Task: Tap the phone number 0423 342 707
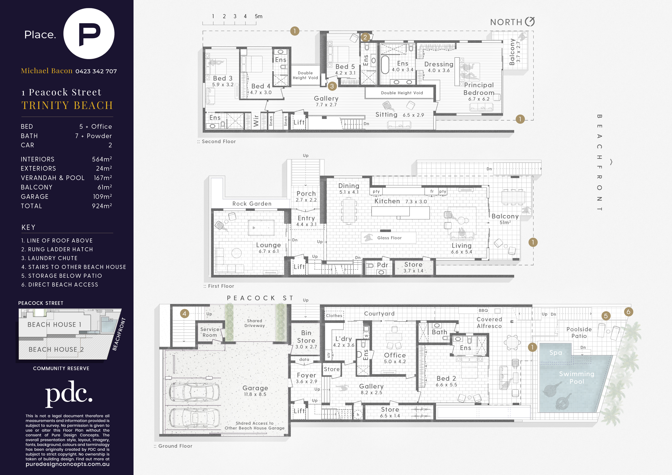(x=96, y=71)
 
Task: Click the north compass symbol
(x=530, y=21)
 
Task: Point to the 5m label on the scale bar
(x=258, y=16)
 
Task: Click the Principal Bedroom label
(x=479, y=89)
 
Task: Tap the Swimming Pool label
(x=577, y=378)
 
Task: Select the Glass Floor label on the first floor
(x=389, y=238)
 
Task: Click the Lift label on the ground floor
(x=299, y=411)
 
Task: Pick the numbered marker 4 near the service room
(x=184, y=314)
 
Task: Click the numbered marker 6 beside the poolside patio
(x=628, y=312)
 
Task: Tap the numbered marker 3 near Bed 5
(x=332, y=86)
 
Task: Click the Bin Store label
(x=306, y=337)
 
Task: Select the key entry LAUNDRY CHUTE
(x=49, y=258)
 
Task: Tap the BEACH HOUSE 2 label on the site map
(x=56, y=349)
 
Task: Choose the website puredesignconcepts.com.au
(x=68, y=464)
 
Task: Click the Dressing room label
(x=439, y=64)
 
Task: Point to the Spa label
(x=556, y=353)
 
